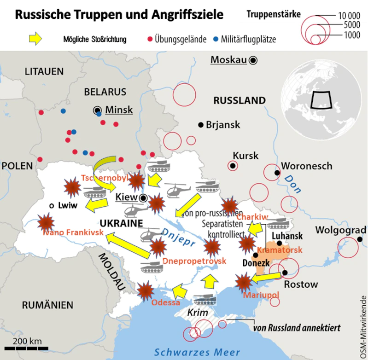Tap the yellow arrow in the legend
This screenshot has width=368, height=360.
pyautogui.click(x=35, y=39)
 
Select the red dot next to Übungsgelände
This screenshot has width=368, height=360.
pyautogui.click(x=149, y=39)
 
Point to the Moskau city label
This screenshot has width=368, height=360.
pyautogui.click(x=228, y=60)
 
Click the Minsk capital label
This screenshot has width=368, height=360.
pyautogui.click(x=119, y=110)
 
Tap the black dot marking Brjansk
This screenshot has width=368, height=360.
pyautogui.click(x=200, y=125)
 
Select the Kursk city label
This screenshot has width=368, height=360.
pyautogui.click(x=245, y=156)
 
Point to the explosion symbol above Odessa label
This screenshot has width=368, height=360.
pyautogui.click(x=146, y=290)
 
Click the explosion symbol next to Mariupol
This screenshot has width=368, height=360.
pyautogui.click(x=244, y=280)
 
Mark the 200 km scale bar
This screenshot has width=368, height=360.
pyautogui.click(x=27, y=348)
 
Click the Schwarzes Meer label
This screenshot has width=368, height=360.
pyautogui.click(x=197, y=352)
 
